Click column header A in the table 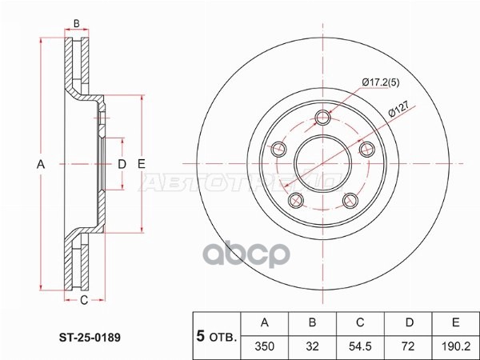265,324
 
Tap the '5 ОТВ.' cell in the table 217,336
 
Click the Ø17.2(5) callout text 381,82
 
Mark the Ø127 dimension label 399,113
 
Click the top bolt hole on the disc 323,117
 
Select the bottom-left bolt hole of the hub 296,199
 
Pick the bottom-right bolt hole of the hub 350,200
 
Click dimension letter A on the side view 41,164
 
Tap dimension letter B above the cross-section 77,23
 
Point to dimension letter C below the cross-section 83,301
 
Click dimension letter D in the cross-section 122,164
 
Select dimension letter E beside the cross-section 141,164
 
